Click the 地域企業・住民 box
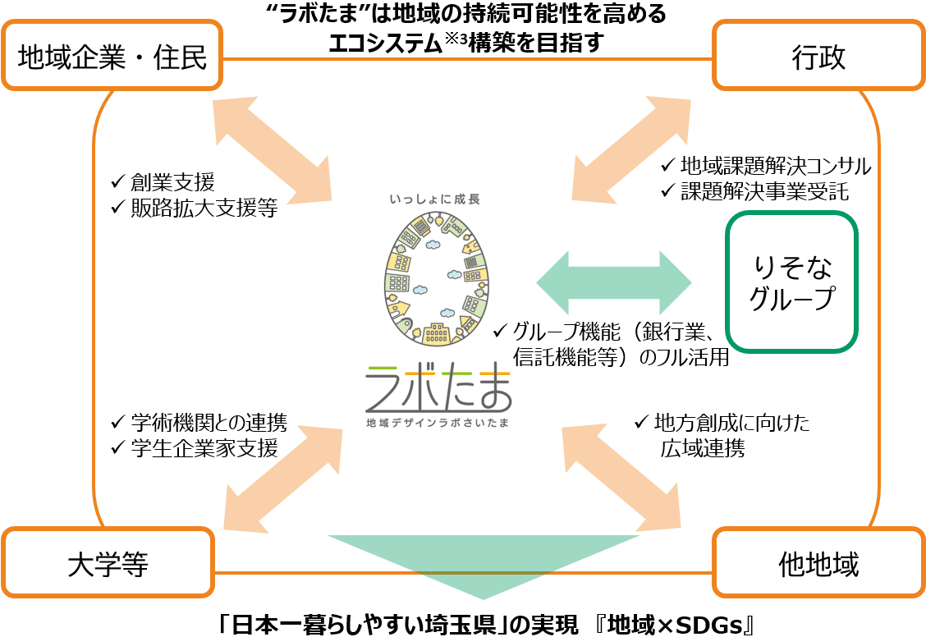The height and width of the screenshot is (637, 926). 112,56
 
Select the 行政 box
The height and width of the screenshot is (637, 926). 818,56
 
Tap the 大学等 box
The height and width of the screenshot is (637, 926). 108,562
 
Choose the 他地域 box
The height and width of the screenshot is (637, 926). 818,562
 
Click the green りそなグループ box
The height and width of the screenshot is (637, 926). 791,282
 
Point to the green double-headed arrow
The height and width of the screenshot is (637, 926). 614,282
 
